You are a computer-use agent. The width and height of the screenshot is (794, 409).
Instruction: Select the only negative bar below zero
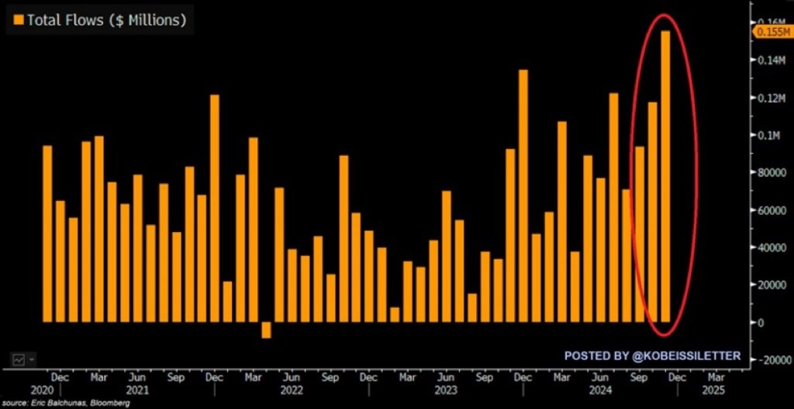[x=266, y=330]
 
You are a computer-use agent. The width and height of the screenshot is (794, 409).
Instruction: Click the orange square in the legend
[x=18, y=20]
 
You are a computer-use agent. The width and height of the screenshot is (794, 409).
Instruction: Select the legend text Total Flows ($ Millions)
[x=106, y=20]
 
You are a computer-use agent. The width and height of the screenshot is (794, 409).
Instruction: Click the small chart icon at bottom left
[x=19, y=359]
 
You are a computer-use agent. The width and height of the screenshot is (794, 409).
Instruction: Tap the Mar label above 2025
[x=716, y=377]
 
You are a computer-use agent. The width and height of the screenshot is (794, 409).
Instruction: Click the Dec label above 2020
[x=60, y=377]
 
